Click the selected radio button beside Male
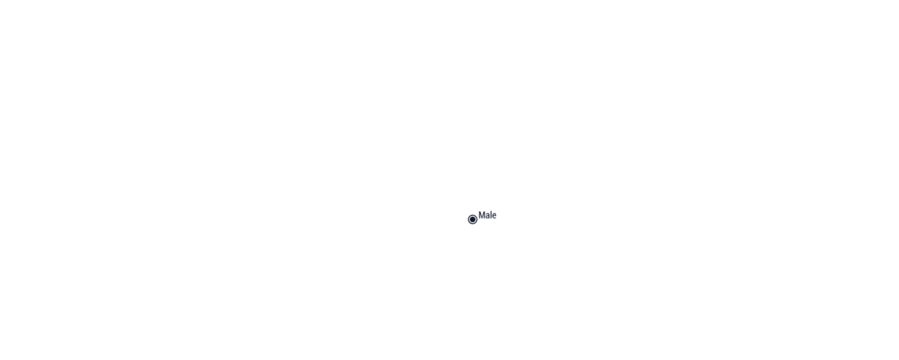(x=472, y=220)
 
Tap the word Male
(x=487, y=215)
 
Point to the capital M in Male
(x=482, y=215)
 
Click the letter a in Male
(x=488, y=216)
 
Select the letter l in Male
(x=492, y=215)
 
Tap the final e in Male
(x=494, y=216)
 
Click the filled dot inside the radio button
(x=472, y=220)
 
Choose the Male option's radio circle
(x=472, y=220)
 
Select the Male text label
(x=487, y=215)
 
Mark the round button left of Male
(x=472, y=220)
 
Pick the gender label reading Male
(x=487, y=215)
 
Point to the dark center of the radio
(x=472, y=220)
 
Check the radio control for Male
(x=472, y=220)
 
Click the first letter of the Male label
(x=482, y=215)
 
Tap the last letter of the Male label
(x=494, y=216)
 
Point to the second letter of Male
(x=488, y=216)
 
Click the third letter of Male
(x=492, y=215)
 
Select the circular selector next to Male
(x=472, y=220)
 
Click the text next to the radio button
(x=487, y=215)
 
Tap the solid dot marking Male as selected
(x=472, y=220)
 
